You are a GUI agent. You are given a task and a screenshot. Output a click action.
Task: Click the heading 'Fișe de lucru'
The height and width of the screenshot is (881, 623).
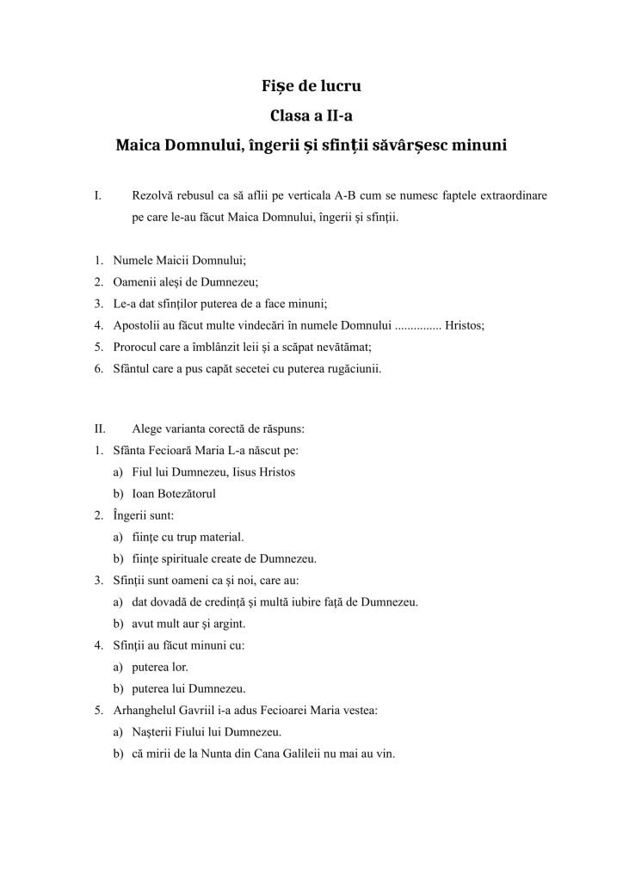pos(311,87)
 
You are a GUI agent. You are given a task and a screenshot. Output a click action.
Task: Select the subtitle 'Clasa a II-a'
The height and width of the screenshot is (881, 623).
pos(311,115)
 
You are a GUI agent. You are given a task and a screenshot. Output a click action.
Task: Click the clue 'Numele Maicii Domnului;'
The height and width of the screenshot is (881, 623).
pos(174,261)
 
